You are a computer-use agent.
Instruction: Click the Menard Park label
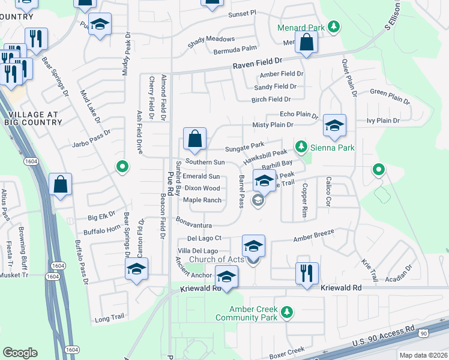pos(301,28)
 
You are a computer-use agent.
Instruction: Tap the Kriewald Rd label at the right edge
pos(341,288)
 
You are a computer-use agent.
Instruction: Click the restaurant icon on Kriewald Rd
pos(306,274)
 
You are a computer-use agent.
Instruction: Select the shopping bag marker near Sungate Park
pos(195,139)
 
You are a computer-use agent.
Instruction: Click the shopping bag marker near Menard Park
pos(306,43)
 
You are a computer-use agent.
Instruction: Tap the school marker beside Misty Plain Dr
pos(334,125)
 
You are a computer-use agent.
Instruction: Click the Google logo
pos(20,353)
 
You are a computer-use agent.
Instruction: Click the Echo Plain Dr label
pos(298,114)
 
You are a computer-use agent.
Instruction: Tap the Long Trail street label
pos(109,319)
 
